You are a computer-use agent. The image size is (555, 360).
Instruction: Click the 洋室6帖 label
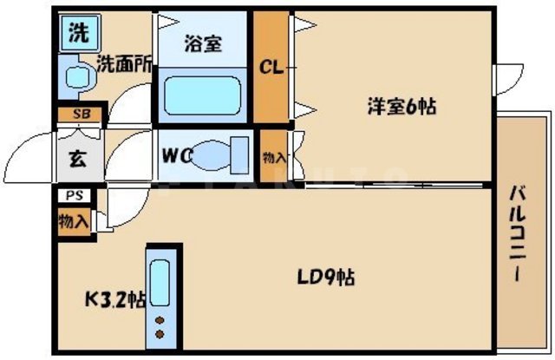400,108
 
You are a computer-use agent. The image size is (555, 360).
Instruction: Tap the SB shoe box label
80,114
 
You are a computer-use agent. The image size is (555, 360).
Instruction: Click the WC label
176,157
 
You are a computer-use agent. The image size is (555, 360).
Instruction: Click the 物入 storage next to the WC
274,157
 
